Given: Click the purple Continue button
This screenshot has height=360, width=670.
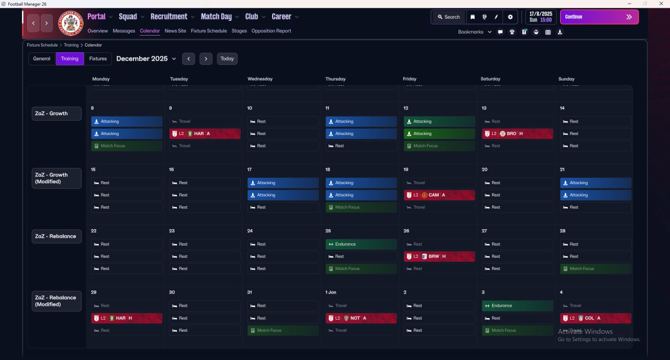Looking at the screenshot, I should [x=599, y=17].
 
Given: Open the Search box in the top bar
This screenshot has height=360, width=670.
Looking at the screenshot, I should [x=448, y=17].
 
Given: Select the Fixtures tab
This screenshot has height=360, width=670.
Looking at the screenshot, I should [x=98, y=59].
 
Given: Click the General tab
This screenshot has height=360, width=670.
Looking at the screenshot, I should [x=42, y=59].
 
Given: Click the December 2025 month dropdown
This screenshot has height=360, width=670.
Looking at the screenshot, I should [x=146, y=59].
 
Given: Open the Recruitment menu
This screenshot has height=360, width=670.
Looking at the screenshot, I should [x=172, y=17].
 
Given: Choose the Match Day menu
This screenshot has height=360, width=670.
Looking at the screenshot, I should [x=220, y=17].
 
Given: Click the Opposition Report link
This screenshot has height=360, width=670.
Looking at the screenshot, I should [x=271, y=31].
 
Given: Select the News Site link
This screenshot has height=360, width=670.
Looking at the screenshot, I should [x=175, y=31].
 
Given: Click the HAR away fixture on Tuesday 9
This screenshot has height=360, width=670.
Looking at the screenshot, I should [x=205, y=133].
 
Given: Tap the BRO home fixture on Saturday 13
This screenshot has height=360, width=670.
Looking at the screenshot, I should [x=517, y=133].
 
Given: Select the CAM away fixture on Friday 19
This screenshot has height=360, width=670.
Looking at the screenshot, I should [x=439, y=195].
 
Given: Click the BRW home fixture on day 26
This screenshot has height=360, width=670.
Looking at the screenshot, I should [x=439, y=256].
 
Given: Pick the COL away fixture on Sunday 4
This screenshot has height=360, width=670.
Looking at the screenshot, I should [x=596, y=318].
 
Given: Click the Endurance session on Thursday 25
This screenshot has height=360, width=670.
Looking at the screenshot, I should [x=361, y=244].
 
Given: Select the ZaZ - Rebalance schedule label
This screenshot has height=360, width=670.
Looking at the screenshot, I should [x=56, y=236].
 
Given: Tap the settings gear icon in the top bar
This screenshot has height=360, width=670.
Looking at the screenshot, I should [x=510, y=17].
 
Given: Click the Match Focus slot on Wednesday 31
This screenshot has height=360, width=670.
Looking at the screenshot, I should [x=283, y=330].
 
